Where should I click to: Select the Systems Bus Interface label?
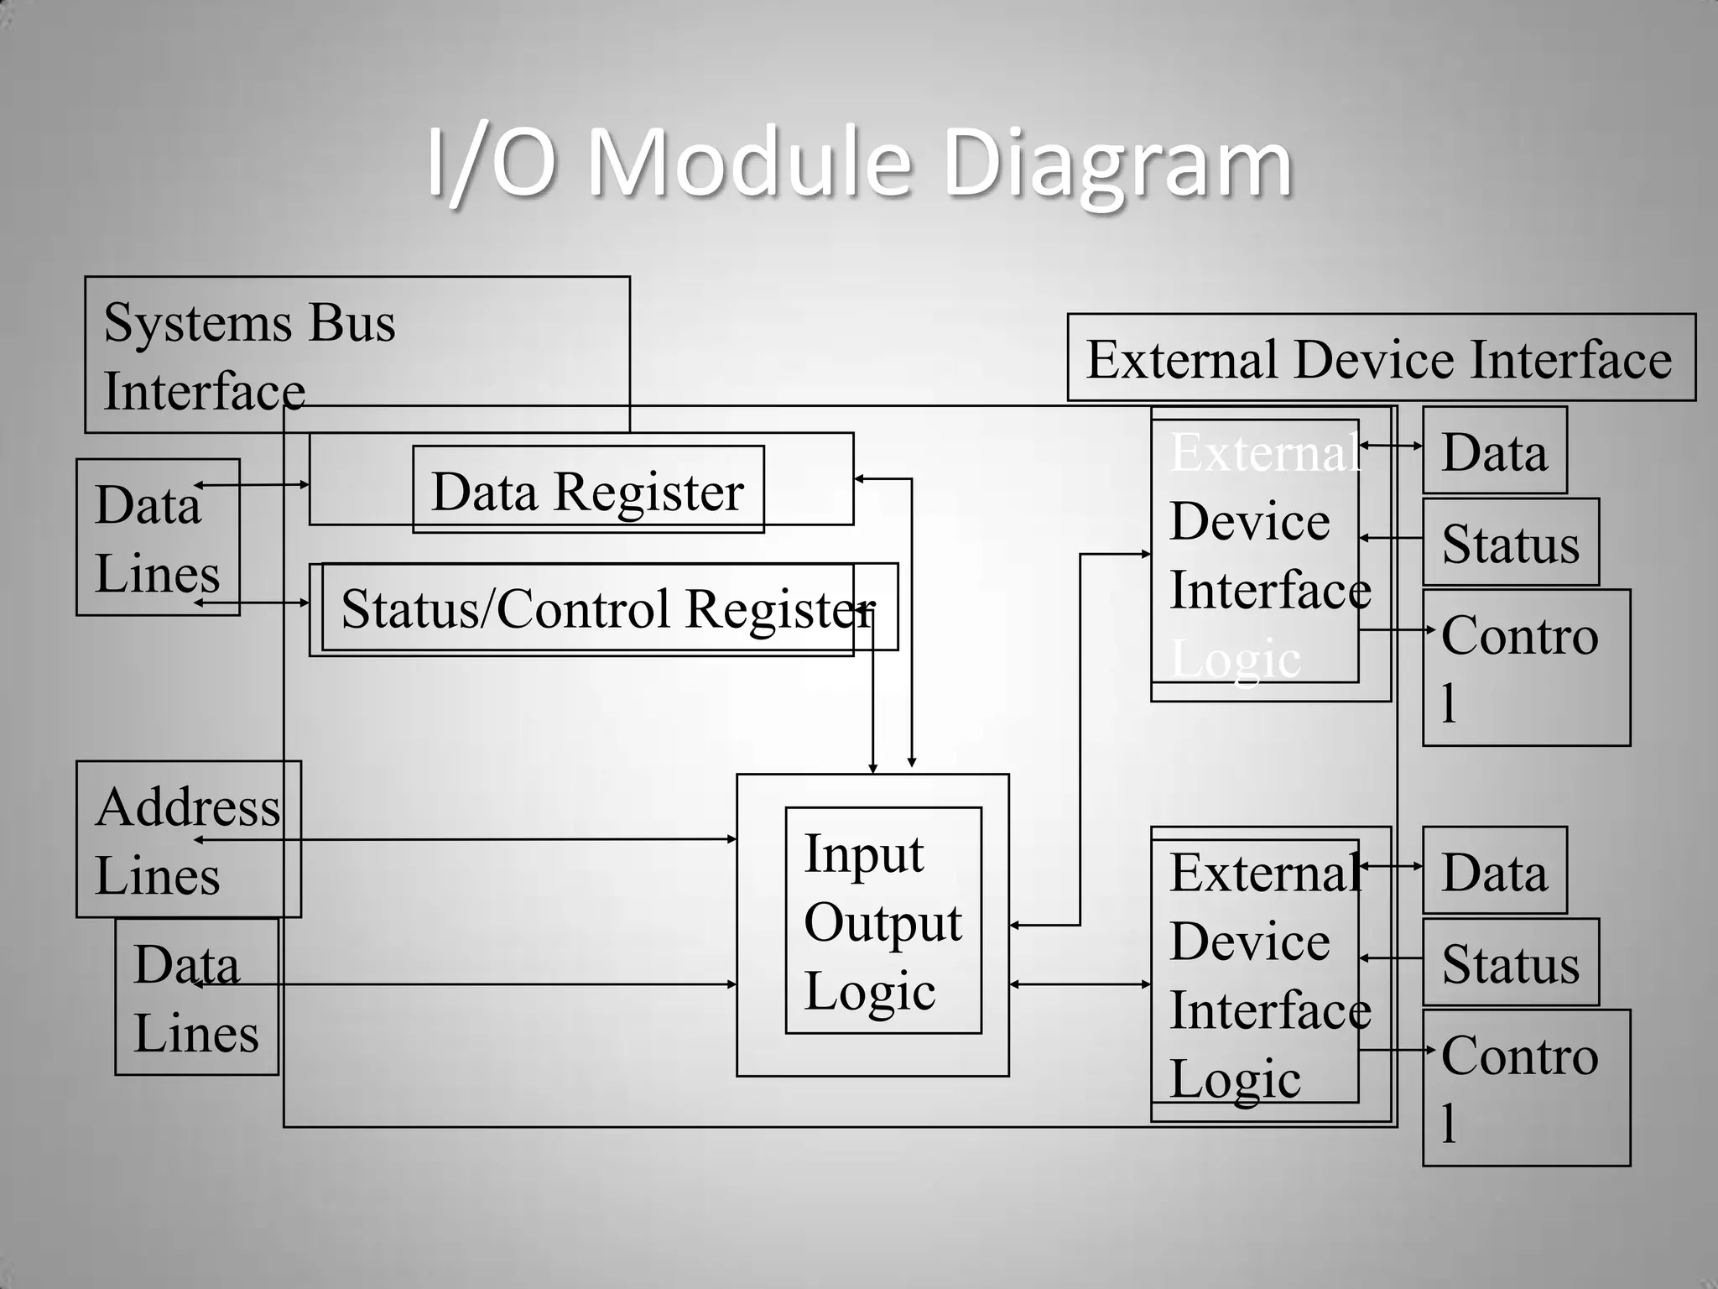tap(249, 356)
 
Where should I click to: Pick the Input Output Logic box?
tap(882, 921)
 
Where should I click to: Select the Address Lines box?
tap(188, 839)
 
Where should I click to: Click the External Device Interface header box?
tap(1380, 358)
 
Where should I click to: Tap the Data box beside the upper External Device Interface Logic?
tap(1494, 451)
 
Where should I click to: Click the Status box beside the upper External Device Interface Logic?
tap(1510, 542)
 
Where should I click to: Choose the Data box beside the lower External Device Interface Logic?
tap(1494, 870)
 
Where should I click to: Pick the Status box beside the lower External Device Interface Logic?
tap(1510, 963)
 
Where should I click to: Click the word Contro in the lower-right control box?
tap(1519, 1055)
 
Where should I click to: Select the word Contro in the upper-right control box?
tap(1519, 635)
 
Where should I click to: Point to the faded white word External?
tap(1263, 452)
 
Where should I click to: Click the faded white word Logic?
tap(1235, 659)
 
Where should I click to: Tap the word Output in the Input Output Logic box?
tap(882, 922)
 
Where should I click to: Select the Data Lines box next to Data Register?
tap(157, 537)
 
